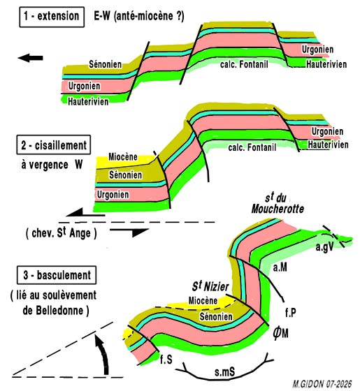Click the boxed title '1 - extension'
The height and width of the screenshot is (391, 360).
52,17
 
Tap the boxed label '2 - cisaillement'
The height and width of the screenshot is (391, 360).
54,145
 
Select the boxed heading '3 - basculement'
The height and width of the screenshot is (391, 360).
57,275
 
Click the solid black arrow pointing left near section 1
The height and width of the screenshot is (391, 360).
31,58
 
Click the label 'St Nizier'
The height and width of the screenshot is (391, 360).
210,286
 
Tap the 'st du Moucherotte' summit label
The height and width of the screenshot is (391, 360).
278,204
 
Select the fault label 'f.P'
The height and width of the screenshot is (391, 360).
291,313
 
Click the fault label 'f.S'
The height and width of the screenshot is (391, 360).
166,360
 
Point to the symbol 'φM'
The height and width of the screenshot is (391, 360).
280,333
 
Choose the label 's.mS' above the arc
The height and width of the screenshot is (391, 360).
224,372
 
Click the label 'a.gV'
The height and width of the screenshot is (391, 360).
324,247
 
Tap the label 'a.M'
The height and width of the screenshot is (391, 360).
280,267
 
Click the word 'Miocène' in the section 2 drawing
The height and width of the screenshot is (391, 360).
123,157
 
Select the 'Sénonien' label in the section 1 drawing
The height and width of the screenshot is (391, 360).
106,64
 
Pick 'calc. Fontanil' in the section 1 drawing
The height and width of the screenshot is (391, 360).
244,64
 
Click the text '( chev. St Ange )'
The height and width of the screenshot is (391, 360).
62,233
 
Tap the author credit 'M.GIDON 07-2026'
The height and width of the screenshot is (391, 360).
322,383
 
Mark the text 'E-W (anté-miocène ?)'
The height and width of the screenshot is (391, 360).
139,17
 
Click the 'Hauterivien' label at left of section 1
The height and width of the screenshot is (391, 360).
88,102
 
